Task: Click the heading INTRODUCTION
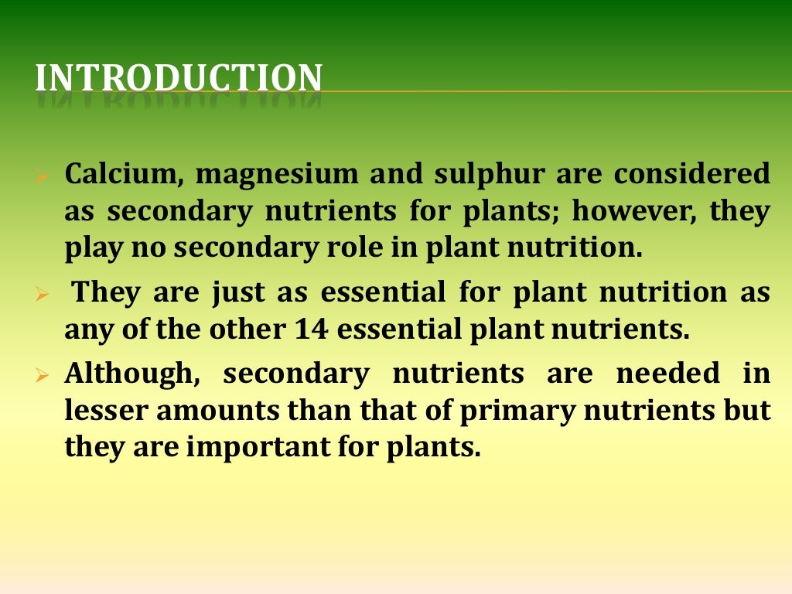click(178, 78)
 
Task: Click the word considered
click(692, 174)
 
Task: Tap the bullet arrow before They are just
click(43, 295)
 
